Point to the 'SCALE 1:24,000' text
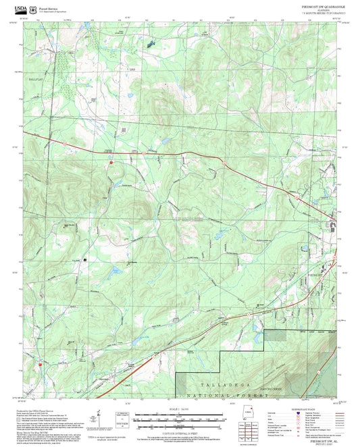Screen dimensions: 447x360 click(x=179, y=409)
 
